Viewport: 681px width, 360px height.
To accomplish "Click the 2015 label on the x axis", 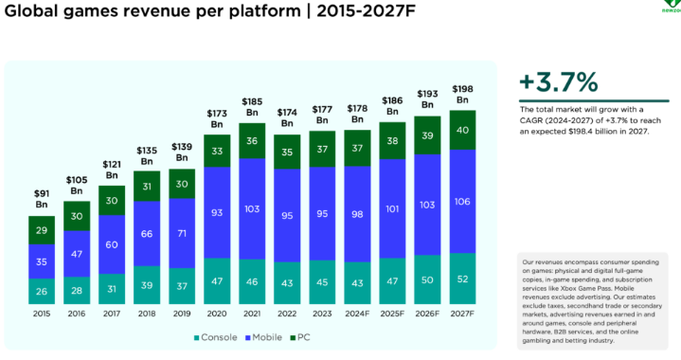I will (43, 313).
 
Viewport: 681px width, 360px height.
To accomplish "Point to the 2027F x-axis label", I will (461, 313).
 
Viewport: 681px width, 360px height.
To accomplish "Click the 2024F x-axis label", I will (357, 313).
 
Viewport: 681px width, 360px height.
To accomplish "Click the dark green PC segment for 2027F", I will (461, 130).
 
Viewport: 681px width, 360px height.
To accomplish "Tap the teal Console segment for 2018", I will (147, 284).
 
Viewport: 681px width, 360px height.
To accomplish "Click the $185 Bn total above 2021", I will (252, 106).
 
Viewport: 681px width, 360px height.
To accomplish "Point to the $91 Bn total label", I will (43, 199).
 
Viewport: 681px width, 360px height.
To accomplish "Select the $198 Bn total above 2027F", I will (461, 94).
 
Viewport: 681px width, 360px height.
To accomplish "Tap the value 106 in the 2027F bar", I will (461, 200).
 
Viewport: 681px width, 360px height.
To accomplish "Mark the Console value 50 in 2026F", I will (426, 280).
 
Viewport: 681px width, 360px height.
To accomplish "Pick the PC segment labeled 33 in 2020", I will (217, 150).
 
